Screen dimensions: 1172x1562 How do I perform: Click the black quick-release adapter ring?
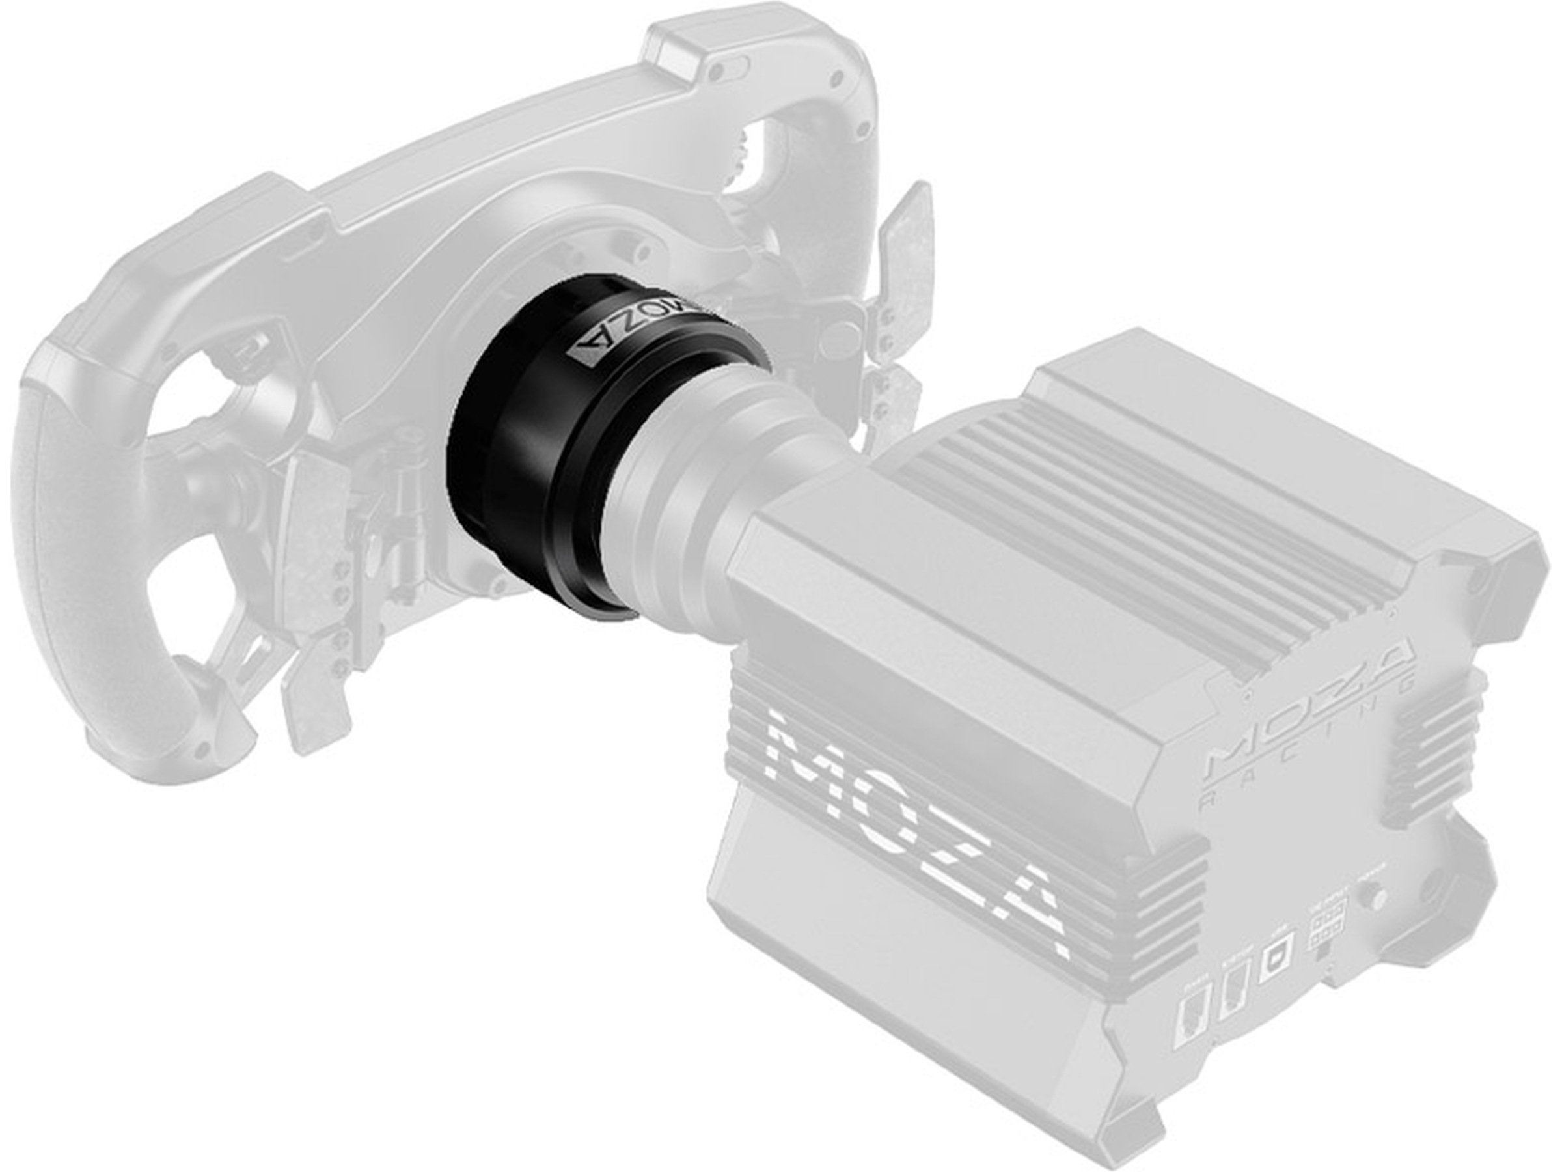(x=537, y=452)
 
